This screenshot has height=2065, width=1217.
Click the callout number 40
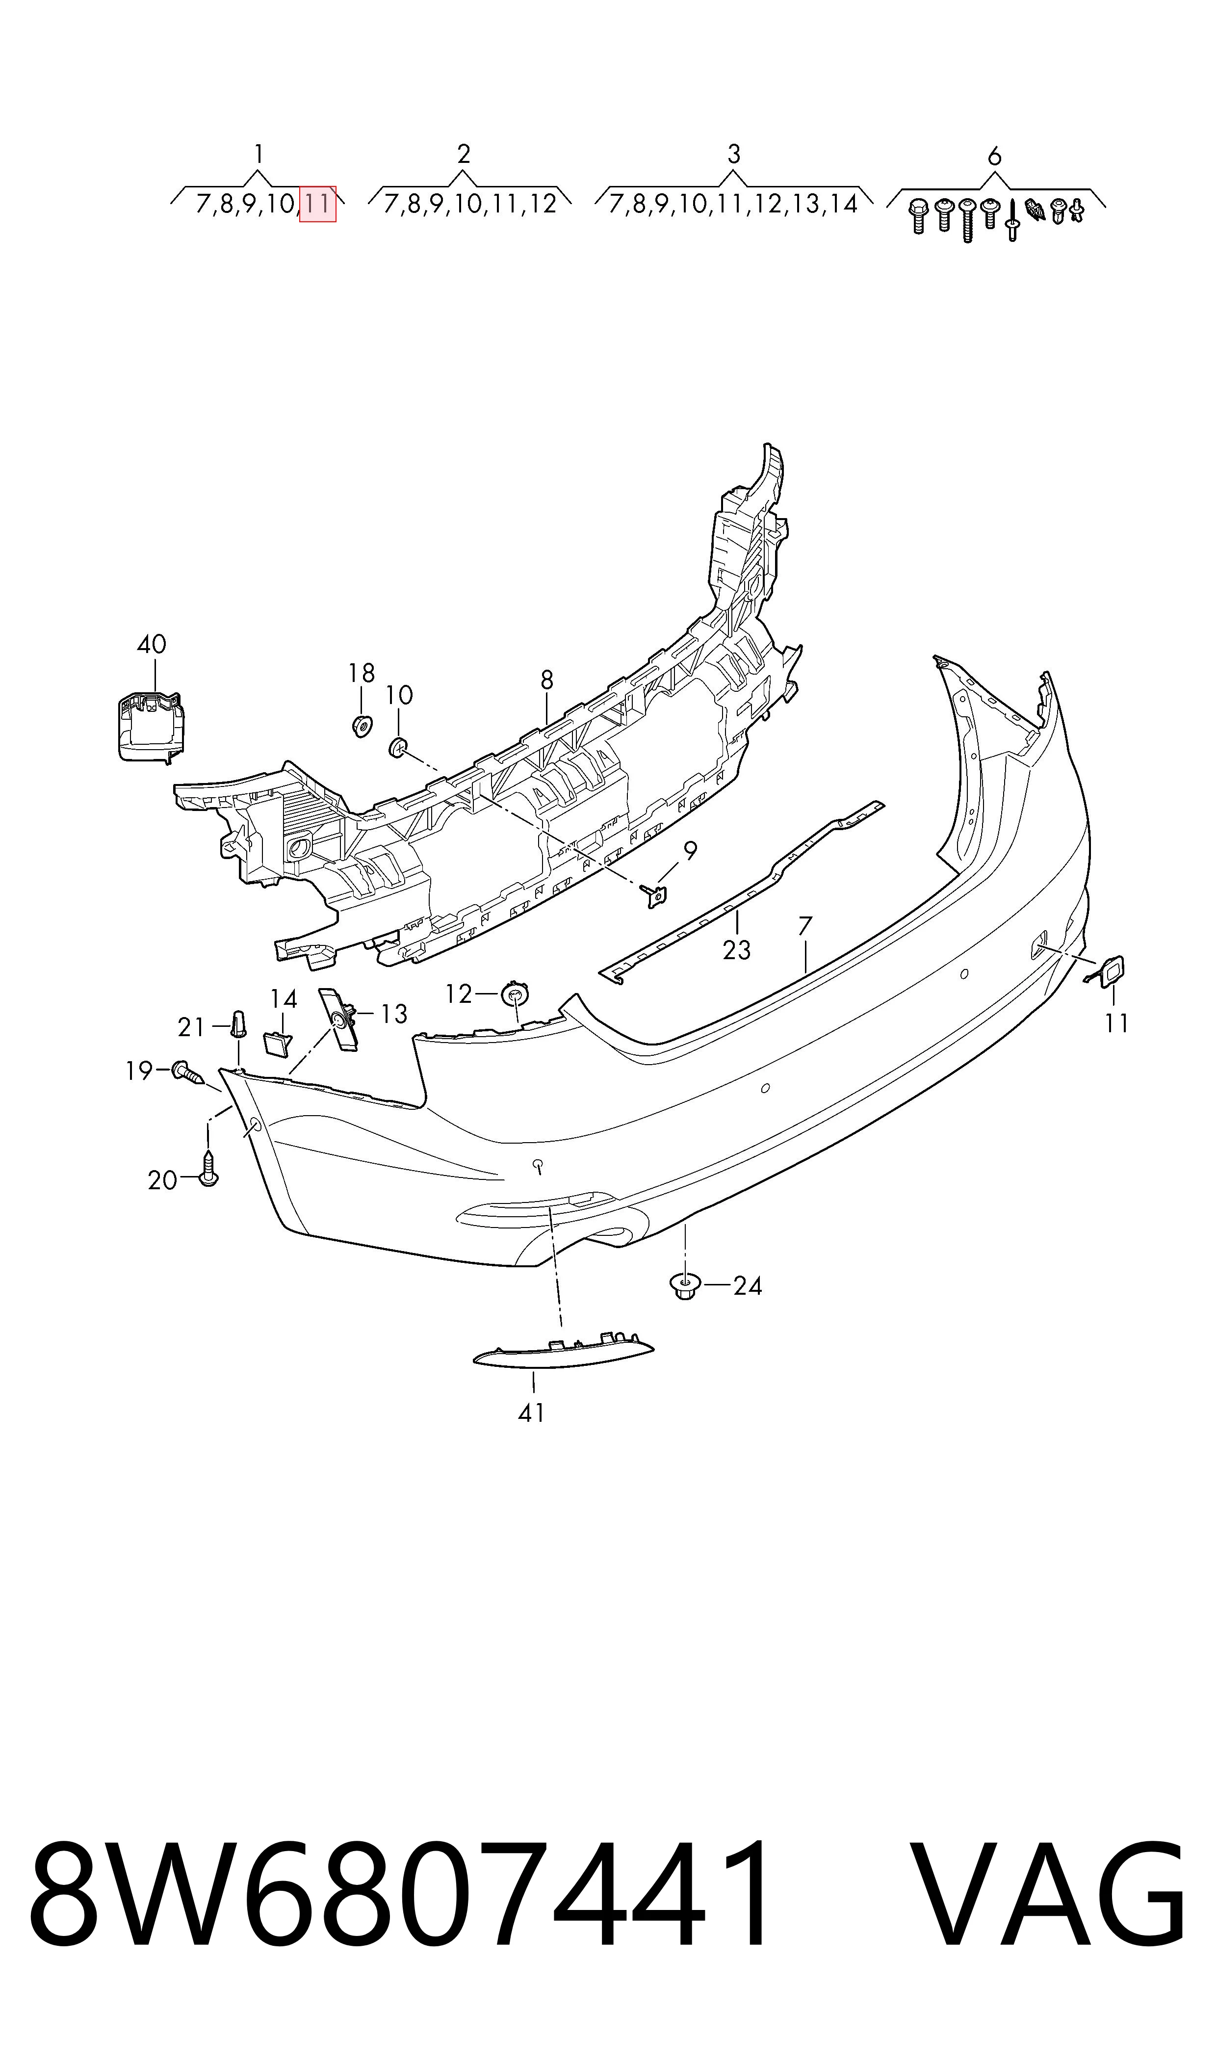click(152, 645)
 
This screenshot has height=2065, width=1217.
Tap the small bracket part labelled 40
click(149, 726)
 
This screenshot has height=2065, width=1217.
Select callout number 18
click(361, 673)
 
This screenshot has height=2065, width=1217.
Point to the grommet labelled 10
click(398, 747)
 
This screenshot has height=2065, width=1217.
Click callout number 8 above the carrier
click(547, 680)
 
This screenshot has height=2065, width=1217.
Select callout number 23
click(736, 950)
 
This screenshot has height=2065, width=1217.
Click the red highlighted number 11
click(318, 204)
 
